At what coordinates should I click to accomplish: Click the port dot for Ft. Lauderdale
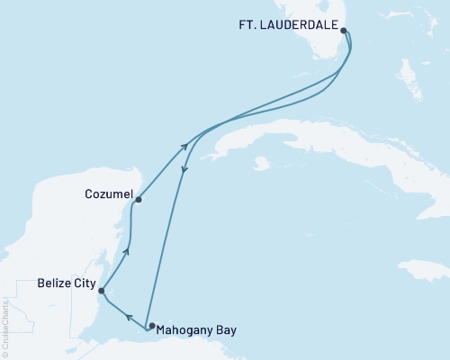click(344, 30)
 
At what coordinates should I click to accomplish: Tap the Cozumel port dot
click(139, 200)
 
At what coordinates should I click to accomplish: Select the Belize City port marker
click(102, 291)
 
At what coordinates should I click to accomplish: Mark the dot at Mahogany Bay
click(151, 326)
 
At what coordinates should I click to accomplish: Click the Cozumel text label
click(108, 193)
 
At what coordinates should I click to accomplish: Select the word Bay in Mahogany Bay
click(226, 330)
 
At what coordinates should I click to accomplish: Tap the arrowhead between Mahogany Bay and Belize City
click(128, 318)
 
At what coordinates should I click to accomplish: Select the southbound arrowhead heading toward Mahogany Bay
click(184, 172)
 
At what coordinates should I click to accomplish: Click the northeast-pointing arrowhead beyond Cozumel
click(184, 145)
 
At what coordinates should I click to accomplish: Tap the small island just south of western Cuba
click(261, 164)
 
